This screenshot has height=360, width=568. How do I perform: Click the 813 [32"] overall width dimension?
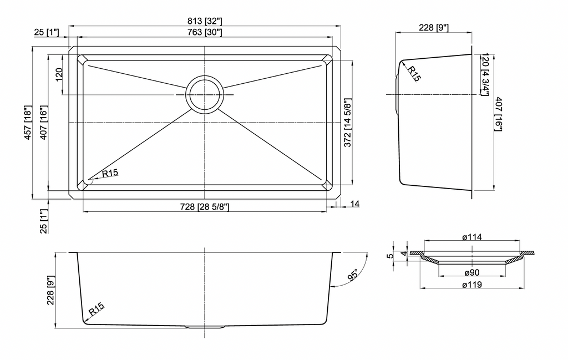205,22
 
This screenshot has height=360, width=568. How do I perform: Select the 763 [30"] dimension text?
205,32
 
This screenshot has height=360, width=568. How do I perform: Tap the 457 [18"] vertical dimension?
28,123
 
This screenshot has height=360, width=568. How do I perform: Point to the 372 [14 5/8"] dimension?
348,123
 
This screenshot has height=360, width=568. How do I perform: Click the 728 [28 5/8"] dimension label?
205,207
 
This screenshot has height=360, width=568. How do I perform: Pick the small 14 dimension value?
355,204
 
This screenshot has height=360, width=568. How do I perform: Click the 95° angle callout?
353,275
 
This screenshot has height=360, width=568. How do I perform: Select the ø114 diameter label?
472,237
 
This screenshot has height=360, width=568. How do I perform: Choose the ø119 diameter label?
472,285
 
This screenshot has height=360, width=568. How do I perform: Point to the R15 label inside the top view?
110,173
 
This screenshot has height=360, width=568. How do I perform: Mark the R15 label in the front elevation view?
97,309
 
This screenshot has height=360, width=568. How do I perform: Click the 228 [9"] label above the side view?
434,28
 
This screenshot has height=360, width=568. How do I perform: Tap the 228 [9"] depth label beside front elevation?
50,290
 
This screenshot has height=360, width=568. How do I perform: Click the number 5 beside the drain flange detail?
390,256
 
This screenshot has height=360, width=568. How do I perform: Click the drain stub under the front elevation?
205,327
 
